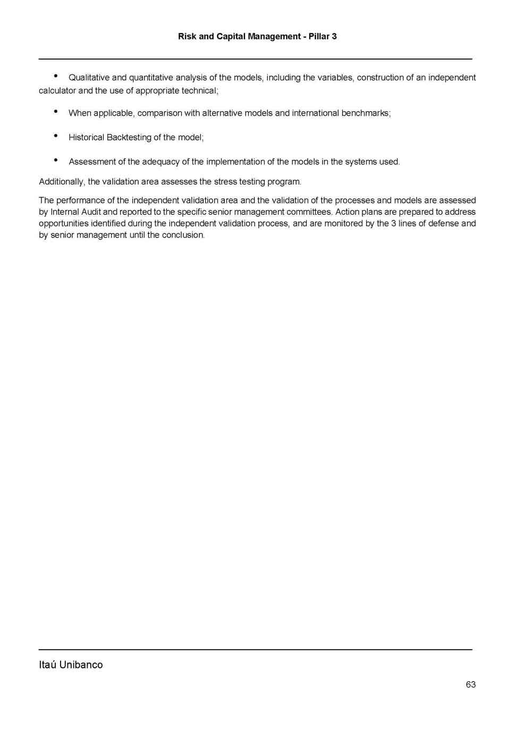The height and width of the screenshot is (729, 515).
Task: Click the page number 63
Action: click(470, 684)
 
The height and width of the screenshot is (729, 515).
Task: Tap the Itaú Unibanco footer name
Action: click(71, 665)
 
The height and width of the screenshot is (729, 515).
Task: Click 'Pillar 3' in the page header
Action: click(323, 36)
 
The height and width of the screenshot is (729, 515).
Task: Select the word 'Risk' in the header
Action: click(187, 36)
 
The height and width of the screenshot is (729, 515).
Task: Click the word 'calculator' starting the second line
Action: click(57, 90)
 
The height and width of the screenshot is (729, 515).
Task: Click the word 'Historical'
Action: click(87, 137)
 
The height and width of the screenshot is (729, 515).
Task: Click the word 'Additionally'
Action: click(61, 182)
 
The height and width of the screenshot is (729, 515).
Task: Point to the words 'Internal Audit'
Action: click(75, 212)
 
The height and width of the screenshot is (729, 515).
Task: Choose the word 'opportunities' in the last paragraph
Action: click(63, 223)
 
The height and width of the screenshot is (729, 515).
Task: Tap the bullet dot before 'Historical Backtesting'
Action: click(56, 136)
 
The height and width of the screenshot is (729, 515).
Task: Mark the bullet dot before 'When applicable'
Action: click(56, 111)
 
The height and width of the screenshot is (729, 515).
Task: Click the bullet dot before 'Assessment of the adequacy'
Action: click(56, 160)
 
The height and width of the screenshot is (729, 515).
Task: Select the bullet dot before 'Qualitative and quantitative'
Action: click(56, 76)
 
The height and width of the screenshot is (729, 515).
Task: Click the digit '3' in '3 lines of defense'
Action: click(393, 223)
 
